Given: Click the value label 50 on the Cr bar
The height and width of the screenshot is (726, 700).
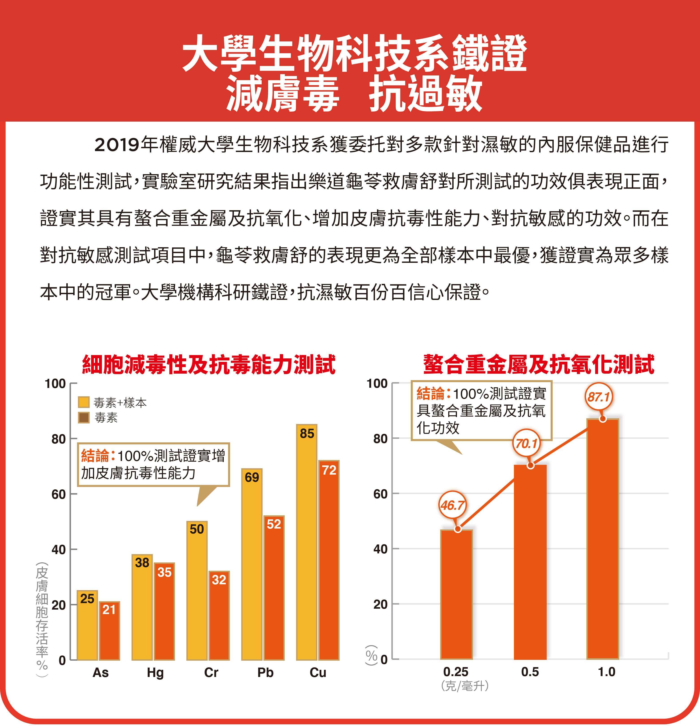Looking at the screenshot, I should pyautogui.click(x=197, y=529).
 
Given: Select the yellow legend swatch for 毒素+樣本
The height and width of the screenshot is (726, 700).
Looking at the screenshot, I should pyautogui.click(x=84, y=402).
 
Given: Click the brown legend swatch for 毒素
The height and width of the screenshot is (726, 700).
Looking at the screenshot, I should pyautogui.click(x=84, y=418).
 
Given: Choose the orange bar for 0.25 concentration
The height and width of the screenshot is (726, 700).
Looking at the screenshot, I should pyautogui.click(x=457, y=595).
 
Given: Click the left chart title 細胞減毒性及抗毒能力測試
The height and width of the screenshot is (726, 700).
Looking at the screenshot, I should pyautogui.click(x=209, y=364).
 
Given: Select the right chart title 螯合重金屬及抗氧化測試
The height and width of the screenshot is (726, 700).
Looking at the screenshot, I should pyautogui.click(x=539, y=364).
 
